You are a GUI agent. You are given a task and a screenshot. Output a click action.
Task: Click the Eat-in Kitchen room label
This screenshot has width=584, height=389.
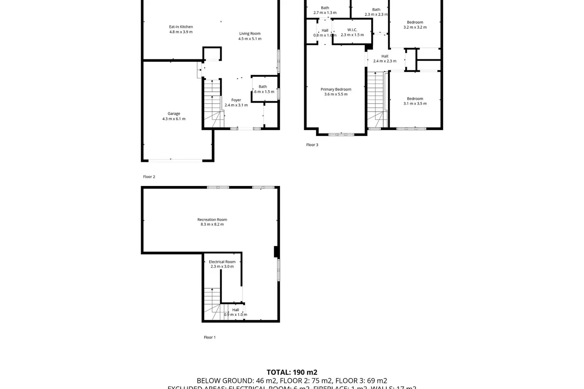[181, 27]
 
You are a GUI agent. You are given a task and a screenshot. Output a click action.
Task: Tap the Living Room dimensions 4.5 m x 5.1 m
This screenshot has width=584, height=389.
[250, 39]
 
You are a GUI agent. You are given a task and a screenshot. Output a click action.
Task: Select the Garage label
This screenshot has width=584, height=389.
[174, 114]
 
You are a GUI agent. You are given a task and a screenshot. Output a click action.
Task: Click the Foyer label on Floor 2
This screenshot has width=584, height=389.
[236, 100]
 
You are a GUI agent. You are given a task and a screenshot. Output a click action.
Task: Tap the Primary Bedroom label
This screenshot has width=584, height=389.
[336, 89]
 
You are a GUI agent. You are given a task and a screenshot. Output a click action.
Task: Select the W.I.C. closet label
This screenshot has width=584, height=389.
[352, 30]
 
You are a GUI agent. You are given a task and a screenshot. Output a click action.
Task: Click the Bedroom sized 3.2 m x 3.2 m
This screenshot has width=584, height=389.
[415, 25]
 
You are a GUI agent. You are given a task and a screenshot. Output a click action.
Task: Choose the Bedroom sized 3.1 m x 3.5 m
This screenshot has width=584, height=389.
[415, 101]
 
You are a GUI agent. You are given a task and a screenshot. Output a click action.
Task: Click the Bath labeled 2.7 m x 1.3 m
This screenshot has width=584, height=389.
[325, 10]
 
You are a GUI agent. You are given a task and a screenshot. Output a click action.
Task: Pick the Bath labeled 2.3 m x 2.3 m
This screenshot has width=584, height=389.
[376, 12]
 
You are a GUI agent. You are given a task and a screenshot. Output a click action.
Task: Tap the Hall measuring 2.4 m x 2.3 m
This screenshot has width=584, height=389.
[385, 59]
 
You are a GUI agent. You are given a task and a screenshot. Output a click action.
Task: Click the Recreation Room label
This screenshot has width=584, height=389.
[212, 219]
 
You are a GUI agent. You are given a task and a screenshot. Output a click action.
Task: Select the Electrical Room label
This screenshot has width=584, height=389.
[222, 262]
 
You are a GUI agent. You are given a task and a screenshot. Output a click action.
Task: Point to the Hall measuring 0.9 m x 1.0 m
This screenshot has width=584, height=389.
[236, 312]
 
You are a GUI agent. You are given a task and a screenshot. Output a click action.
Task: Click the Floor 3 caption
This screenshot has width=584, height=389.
[312, 145]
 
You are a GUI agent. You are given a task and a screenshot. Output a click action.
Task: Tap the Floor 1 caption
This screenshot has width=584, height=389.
[209, 337]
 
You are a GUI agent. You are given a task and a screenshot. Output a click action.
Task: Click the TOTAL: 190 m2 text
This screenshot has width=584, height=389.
[292, 372]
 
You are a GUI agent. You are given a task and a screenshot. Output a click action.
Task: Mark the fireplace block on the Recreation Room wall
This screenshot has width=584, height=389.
[276, 252]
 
